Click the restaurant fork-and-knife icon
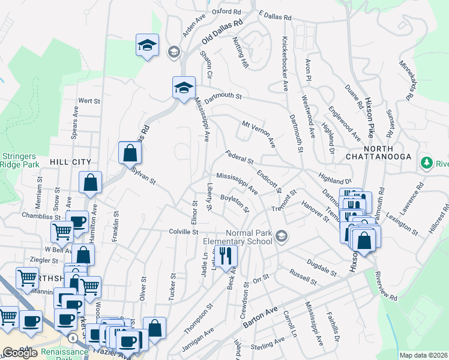point(226,256)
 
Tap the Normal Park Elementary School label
point(249,238)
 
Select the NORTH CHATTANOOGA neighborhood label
point(378,152)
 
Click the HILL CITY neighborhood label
point(70,162)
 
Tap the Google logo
point(20,353)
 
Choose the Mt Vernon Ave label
point(258,134)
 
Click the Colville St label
point(183,231)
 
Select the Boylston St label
point(234,202)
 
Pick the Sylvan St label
point(143,175)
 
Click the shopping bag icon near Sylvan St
point(130,154)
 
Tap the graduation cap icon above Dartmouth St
point(182,88)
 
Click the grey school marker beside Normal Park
point(281,238)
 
